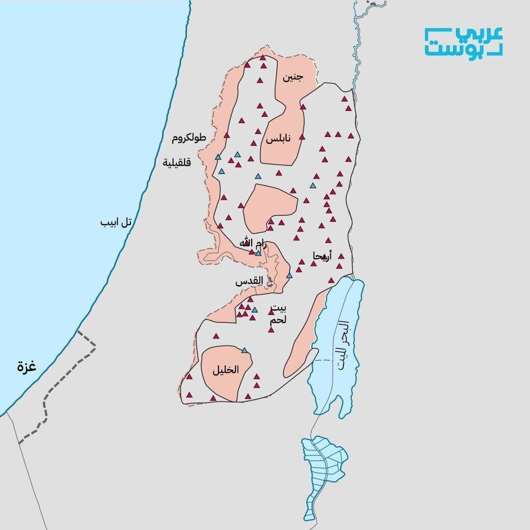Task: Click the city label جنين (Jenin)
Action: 293,78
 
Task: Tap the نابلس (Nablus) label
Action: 278,139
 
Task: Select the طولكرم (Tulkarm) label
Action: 188,139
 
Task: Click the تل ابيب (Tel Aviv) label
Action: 116,222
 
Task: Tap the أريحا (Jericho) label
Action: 323,255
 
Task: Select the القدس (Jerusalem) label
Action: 249,282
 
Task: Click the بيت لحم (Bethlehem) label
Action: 278,315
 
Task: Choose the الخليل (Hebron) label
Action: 226,371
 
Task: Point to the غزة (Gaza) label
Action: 27,366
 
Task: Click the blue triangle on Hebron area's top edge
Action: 244,350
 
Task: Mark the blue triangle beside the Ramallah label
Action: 258,253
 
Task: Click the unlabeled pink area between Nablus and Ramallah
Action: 270,206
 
